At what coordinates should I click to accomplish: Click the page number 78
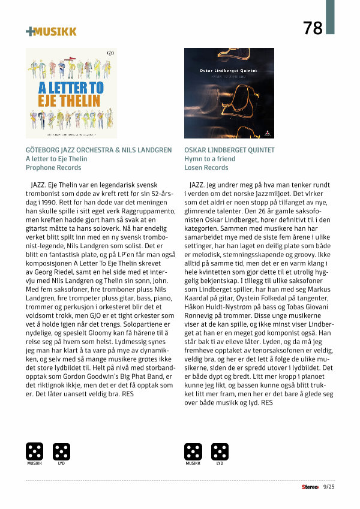(x=313, y=28)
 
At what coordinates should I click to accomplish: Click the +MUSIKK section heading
(x=51, y=31)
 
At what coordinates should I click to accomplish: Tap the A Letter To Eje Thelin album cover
(x=71, y=93)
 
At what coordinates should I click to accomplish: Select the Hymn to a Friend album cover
(x=229, y=93)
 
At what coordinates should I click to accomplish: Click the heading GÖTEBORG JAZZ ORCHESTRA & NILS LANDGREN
(x=98, y=150)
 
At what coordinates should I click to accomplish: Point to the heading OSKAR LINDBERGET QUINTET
(x=230, y=150)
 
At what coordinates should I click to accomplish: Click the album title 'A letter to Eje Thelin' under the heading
(x=56, y=159)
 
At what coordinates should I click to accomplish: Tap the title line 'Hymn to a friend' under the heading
(x=210, y=159)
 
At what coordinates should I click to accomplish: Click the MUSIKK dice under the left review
(x=34, y=451)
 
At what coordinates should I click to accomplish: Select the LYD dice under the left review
(x=61, y=451)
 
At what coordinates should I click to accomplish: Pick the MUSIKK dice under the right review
(x=193, y=451)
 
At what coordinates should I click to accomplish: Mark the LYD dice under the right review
(x=220, y=451)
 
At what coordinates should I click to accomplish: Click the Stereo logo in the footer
(x=310, y=487)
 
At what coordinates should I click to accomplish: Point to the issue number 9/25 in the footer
(x=329, y=487)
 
